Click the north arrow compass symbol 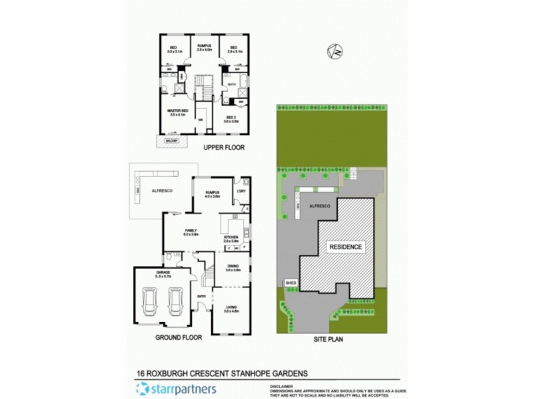pos(337,51)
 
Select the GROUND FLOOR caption pos(179,337)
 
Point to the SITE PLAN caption pos(328,338)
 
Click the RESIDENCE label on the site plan pos(346,247)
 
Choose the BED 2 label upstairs pos(231,118)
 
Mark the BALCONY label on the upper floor pos(167,140)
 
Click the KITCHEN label pos(231,237)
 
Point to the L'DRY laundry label pos(241,194)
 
